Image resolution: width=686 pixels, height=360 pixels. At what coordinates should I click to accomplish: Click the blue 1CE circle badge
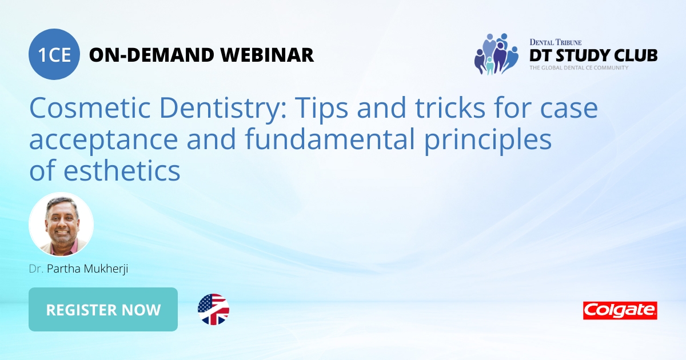click(54, 54)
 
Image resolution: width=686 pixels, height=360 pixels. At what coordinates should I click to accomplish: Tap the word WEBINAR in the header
click(267, 55)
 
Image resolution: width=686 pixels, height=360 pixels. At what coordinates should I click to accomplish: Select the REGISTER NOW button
click(103, 309)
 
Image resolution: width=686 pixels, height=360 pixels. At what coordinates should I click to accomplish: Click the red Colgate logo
click(620, 310)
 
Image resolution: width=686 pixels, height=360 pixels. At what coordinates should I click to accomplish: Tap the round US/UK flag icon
click(213, 309)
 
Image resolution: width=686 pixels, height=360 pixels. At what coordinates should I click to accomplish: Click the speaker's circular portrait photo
click(61, 224)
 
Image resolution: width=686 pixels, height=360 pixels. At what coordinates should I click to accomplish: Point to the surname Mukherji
click(106, 269)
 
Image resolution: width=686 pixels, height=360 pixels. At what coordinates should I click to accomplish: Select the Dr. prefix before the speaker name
click(36, 269)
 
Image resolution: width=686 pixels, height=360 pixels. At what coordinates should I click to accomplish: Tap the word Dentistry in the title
click(223, 109)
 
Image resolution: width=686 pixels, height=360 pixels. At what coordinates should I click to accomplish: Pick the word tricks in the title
click(450, 107)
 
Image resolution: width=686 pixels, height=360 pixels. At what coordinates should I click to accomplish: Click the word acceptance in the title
click(103, 141)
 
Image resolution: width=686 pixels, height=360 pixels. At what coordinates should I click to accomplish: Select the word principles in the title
click(488, 141)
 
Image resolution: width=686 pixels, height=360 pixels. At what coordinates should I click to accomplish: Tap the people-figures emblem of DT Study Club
click(496, 54)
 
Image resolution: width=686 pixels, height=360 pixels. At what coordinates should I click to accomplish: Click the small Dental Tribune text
click(556, 42)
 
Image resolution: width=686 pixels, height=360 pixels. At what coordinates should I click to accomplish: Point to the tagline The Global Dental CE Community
click(579, 67)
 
